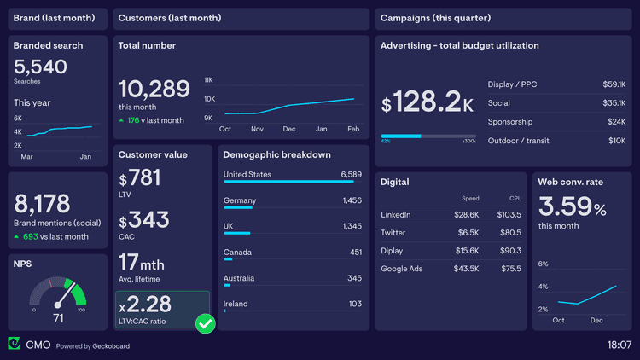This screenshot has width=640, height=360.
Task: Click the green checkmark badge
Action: coord(205,323)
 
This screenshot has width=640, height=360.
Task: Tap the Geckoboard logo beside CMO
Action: coord(15,344)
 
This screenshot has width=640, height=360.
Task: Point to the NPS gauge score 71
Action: coord(58,318)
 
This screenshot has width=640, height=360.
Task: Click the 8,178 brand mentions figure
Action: coord(42,204)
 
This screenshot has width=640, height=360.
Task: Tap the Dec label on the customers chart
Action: coord(289,129)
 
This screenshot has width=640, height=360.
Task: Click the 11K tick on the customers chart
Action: coord(208,80)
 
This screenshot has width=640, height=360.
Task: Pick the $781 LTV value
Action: coord(140,178)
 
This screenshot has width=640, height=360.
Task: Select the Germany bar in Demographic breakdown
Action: coord(239,207)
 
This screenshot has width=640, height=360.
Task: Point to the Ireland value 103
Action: coord(355,305)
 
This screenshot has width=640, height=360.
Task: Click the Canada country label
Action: coord(237,253)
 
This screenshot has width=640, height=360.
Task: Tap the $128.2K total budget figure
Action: coord(427,104)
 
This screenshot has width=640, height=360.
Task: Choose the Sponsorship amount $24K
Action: coord(616,122)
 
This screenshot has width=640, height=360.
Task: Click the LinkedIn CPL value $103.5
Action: coord(510,215)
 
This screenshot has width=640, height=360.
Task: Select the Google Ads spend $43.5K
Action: coord(467,270)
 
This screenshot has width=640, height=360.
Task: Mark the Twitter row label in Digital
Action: coord(393,233)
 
